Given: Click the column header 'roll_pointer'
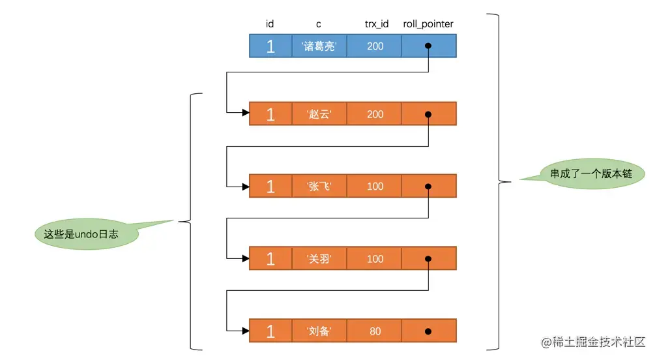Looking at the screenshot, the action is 428,24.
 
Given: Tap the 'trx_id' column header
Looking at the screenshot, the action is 376,24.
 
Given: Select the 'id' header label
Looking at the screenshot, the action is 270,24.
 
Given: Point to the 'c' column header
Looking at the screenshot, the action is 319,25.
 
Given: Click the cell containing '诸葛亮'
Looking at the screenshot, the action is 319,46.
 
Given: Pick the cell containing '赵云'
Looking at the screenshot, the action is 319,114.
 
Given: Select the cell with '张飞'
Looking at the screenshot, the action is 319,186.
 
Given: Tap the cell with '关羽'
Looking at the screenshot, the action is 319,258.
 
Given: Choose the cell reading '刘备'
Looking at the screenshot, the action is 319,331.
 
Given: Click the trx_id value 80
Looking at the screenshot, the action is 375,331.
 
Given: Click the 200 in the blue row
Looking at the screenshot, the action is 375,46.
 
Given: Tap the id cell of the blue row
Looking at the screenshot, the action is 270,46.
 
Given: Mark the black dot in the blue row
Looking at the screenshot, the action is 428,46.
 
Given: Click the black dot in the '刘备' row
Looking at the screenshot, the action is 428,331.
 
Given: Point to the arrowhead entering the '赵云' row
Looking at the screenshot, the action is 246,112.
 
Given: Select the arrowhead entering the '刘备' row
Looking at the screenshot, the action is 246,331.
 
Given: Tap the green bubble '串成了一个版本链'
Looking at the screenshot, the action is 591,173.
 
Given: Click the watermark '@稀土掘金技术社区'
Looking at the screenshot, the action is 593,342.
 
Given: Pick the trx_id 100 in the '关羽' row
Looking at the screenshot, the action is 375,259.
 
